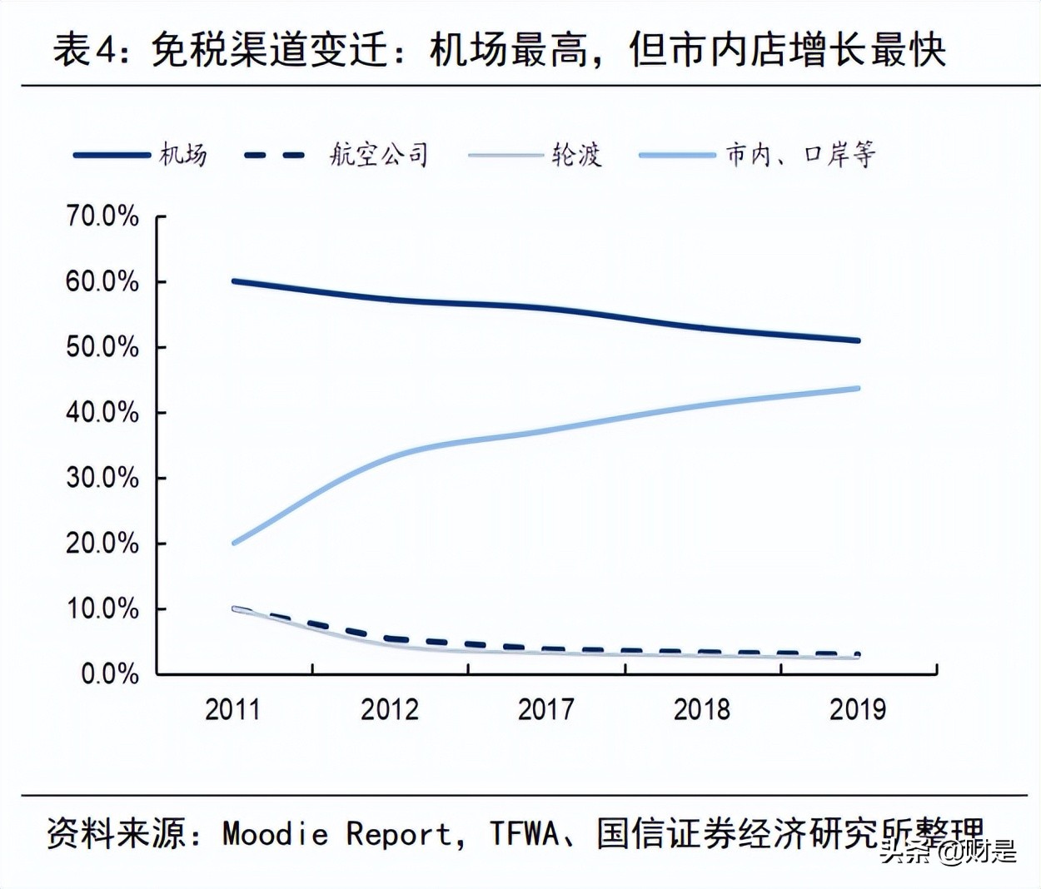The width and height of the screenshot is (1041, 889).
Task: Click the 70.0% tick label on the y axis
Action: pos(102,216)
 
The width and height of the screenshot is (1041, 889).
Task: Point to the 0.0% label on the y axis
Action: pos(109,673)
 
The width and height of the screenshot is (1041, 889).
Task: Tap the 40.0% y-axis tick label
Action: pos(102,412)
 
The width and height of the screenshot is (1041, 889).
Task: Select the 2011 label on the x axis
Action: pos(232,709)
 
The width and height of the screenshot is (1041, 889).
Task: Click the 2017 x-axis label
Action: pos(545,709)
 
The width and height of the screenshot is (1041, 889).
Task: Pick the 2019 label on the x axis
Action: pos(858,709)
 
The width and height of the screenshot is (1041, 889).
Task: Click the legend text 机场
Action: pos(183,155)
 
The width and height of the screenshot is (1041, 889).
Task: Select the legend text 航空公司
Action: pos(379,155)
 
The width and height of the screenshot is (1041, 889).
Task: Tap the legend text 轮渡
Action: pos(575,155)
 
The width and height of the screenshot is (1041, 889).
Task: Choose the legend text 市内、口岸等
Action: pos(800,155)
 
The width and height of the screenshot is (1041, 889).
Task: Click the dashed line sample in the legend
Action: pos(276,155)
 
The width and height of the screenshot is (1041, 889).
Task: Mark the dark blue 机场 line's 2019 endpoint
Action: pos(858,340)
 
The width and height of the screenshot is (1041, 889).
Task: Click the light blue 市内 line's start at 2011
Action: pos(234,543)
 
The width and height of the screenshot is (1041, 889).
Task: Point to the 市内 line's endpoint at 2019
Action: pos(858,388)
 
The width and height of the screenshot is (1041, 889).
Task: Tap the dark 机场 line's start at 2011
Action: pos(234,281)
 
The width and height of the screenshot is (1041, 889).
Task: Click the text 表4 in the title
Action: pos(83,50)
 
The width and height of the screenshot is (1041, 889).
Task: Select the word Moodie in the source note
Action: pos(276,833)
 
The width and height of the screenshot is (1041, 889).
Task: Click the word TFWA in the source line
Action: pos(524,833)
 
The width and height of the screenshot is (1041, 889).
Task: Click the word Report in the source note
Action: pos(399,833)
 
